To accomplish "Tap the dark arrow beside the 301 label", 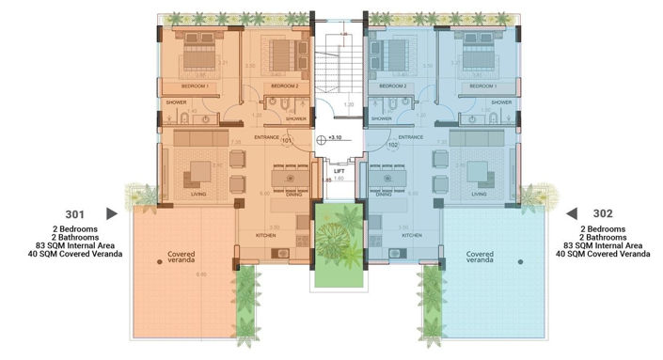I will click(112, 213).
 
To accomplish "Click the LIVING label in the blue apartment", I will click(480, 195).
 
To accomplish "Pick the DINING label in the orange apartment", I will click(293, 195).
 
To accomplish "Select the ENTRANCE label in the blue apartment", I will click(411, 137).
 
